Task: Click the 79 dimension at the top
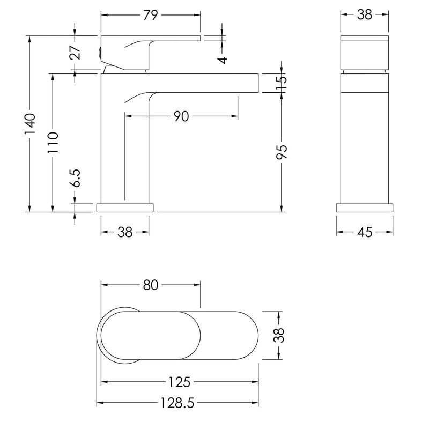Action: point(151,15)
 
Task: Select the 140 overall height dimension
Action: point(30,124)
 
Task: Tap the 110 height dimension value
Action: point(53,142)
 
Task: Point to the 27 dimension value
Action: point(75,53)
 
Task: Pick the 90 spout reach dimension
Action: point(181,116)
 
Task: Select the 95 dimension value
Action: point(282,152)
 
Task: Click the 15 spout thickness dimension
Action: point(282,83)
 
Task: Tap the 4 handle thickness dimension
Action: point(223,60)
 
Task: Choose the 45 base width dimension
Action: point(365,232)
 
